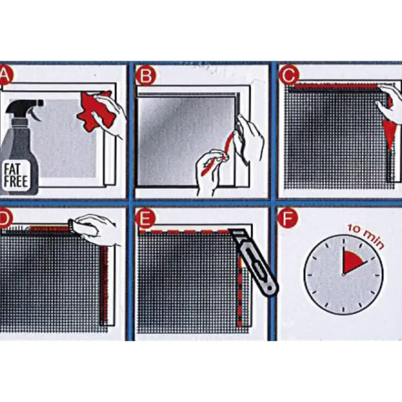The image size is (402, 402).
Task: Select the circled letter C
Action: click(289, 74)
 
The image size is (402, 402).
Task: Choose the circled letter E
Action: click(145, 219)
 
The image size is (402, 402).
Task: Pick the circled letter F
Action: click(288, 219)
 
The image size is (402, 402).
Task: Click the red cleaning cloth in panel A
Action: click(95, 110)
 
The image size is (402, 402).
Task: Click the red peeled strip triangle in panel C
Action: click(387, 136)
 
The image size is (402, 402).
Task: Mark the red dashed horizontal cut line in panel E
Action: click(185, 232)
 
